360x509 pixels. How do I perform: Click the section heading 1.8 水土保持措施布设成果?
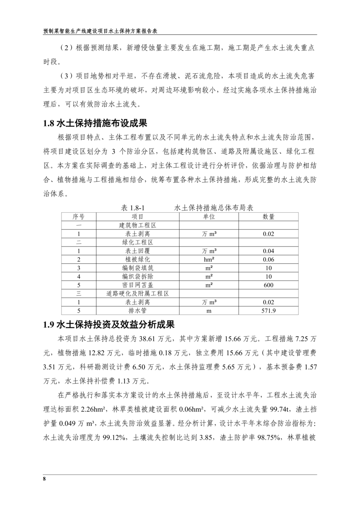click(x=95, y=124)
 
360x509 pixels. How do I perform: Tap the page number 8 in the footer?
click(x=44, y=479)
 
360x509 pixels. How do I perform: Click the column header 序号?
click(x=78, y=217)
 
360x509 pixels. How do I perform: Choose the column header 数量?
click(x=268, y=217)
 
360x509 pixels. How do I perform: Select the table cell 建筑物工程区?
click(x=137, y=225)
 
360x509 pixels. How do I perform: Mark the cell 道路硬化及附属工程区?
click(x=137, y=294)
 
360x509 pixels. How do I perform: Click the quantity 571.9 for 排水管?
click(x=268, y=311)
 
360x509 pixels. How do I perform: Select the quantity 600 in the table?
click(x=268, y=285)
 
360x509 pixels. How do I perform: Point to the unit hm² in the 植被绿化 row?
click(x=209, y=260)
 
